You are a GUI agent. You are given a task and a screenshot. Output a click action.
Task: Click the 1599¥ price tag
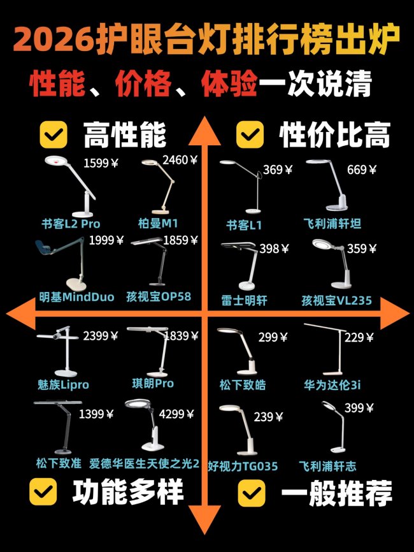pyautogui.click(x=101, y=163)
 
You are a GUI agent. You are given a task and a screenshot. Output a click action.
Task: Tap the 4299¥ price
pyautogui.click(x=176, y=414)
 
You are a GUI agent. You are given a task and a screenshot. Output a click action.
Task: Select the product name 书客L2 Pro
pyautogui.click(x=71, y=224)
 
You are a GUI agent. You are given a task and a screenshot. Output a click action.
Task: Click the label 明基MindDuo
pyautogui.click(x=76, y=297)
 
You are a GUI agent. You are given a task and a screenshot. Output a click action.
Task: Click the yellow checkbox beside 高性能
pyautogui.click(x=54, y=134)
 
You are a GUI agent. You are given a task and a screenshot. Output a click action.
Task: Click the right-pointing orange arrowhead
pyautogui.click(x=395, y=313)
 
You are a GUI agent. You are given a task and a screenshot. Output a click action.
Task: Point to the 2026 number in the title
pyautogui.click(x=54, y=39)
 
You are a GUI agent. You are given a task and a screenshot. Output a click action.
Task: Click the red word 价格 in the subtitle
pyautogui.click(x=143, y=84)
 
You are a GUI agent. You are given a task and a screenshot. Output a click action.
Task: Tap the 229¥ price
pyautogui.click(x=359, y=338)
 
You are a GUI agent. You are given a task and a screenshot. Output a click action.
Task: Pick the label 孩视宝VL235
pyautogui.click(x=337, y=301)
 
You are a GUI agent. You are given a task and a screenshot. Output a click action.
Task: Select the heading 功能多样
pyautogui.click(x=128, y=492)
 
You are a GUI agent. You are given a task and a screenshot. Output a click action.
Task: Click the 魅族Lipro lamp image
pyautogui.click(x=58, y=352)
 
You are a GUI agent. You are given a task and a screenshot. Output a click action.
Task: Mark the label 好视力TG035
pyautogui.click(x=243, y=467)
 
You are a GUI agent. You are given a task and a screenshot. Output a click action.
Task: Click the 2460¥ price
pyautogui.click(x=180, y=160)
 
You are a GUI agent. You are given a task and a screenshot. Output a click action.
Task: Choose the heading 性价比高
pyautogui.click(x=334, y=135)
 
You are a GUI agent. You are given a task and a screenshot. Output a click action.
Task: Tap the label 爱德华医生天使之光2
pyautogui.click(x=144, y=463)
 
